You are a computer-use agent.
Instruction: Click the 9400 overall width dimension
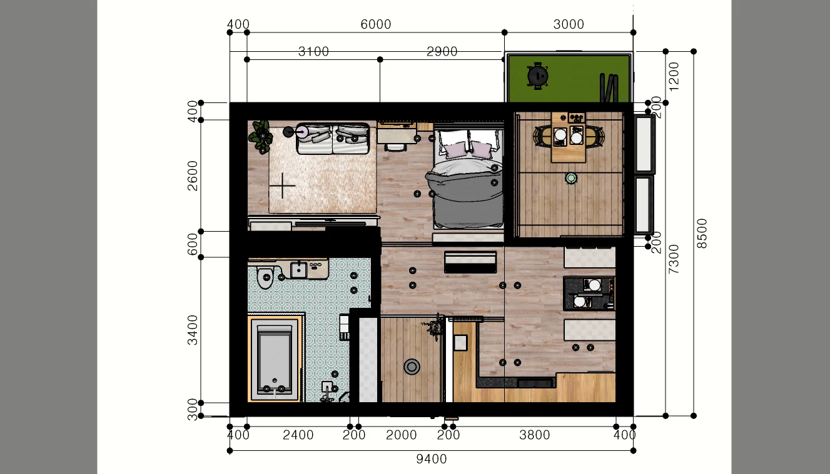pos(432,459)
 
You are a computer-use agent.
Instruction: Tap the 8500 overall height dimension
pos(702,234)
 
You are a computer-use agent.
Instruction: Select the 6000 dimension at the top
pos(376,24)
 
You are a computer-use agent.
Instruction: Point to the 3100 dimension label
pos(313,51)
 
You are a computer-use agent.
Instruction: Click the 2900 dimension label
pos(442,51)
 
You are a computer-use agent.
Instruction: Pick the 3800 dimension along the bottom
pos(534,435)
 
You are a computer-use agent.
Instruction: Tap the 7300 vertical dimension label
pos(674,259)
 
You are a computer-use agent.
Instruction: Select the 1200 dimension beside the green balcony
pos(674,77)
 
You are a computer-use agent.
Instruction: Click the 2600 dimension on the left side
pos(193,175)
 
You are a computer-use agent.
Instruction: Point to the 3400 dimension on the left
pos(193,330)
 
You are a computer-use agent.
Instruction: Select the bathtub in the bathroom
pos(274,359)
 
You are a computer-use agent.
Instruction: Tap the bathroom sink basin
pos(298,270)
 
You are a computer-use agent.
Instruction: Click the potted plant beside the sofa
pos(262,137)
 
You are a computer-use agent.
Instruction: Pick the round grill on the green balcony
pos(538,76)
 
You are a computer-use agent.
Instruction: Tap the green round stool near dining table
pos(571,179)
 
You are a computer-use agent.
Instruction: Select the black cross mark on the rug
pos(282,185)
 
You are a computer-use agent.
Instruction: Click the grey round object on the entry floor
pos(412,367)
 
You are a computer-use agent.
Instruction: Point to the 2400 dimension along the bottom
pos(298,435)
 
